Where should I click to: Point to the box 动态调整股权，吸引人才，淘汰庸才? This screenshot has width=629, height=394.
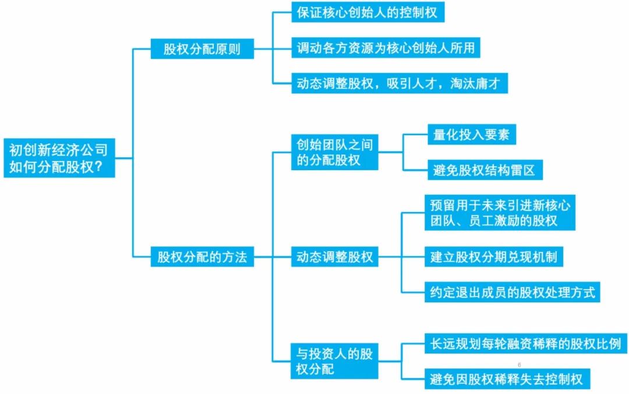click(399, 84)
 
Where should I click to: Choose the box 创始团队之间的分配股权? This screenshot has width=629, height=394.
click(334, 152)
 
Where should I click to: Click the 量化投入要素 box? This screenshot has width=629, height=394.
click(471, 135)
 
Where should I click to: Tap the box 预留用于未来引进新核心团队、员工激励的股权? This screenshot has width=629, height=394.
click(499, 213)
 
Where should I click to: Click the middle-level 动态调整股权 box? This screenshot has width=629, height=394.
click(334, 256)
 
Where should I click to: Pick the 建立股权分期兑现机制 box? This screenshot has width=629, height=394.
click(493, 256)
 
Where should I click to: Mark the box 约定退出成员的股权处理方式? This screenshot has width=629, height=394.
click(512, 292)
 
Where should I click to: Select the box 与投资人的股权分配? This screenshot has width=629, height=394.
click(334, 361)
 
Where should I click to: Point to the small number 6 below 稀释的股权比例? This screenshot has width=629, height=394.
click(520, 365)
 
